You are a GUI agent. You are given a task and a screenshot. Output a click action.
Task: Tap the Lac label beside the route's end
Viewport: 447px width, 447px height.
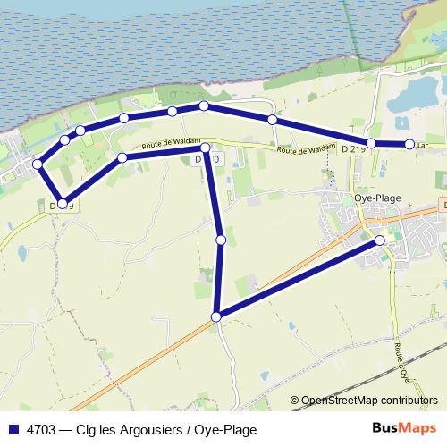424,144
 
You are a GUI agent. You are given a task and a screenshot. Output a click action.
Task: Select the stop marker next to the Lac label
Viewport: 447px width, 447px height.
409,144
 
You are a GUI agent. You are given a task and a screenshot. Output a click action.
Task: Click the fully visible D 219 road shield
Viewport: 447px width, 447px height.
353,148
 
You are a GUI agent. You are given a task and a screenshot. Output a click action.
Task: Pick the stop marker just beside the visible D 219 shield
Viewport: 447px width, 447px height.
371,143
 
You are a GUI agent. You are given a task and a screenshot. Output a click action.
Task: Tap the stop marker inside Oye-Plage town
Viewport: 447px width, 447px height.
380,240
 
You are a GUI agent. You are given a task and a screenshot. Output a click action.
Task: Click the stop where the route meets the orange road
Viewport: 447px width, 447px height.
215,316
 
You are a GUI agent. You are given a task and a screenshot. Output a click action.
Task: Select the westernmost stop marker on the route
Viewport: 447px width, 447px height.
38,164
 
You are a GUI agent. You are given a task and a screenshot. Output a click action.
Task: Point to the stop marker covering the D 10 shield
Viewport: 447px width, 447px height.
205,148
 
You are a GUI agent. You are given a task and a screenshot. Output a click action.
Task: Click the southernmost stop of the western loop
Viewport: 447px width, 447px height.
62,204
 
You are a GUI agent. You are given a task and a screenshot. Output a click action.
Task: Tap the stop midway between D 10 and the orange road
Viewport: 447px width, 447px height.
221,240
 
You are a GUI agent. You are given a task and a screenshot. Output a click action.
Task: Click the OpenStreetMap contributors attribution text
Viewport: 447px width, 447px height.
368,401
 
